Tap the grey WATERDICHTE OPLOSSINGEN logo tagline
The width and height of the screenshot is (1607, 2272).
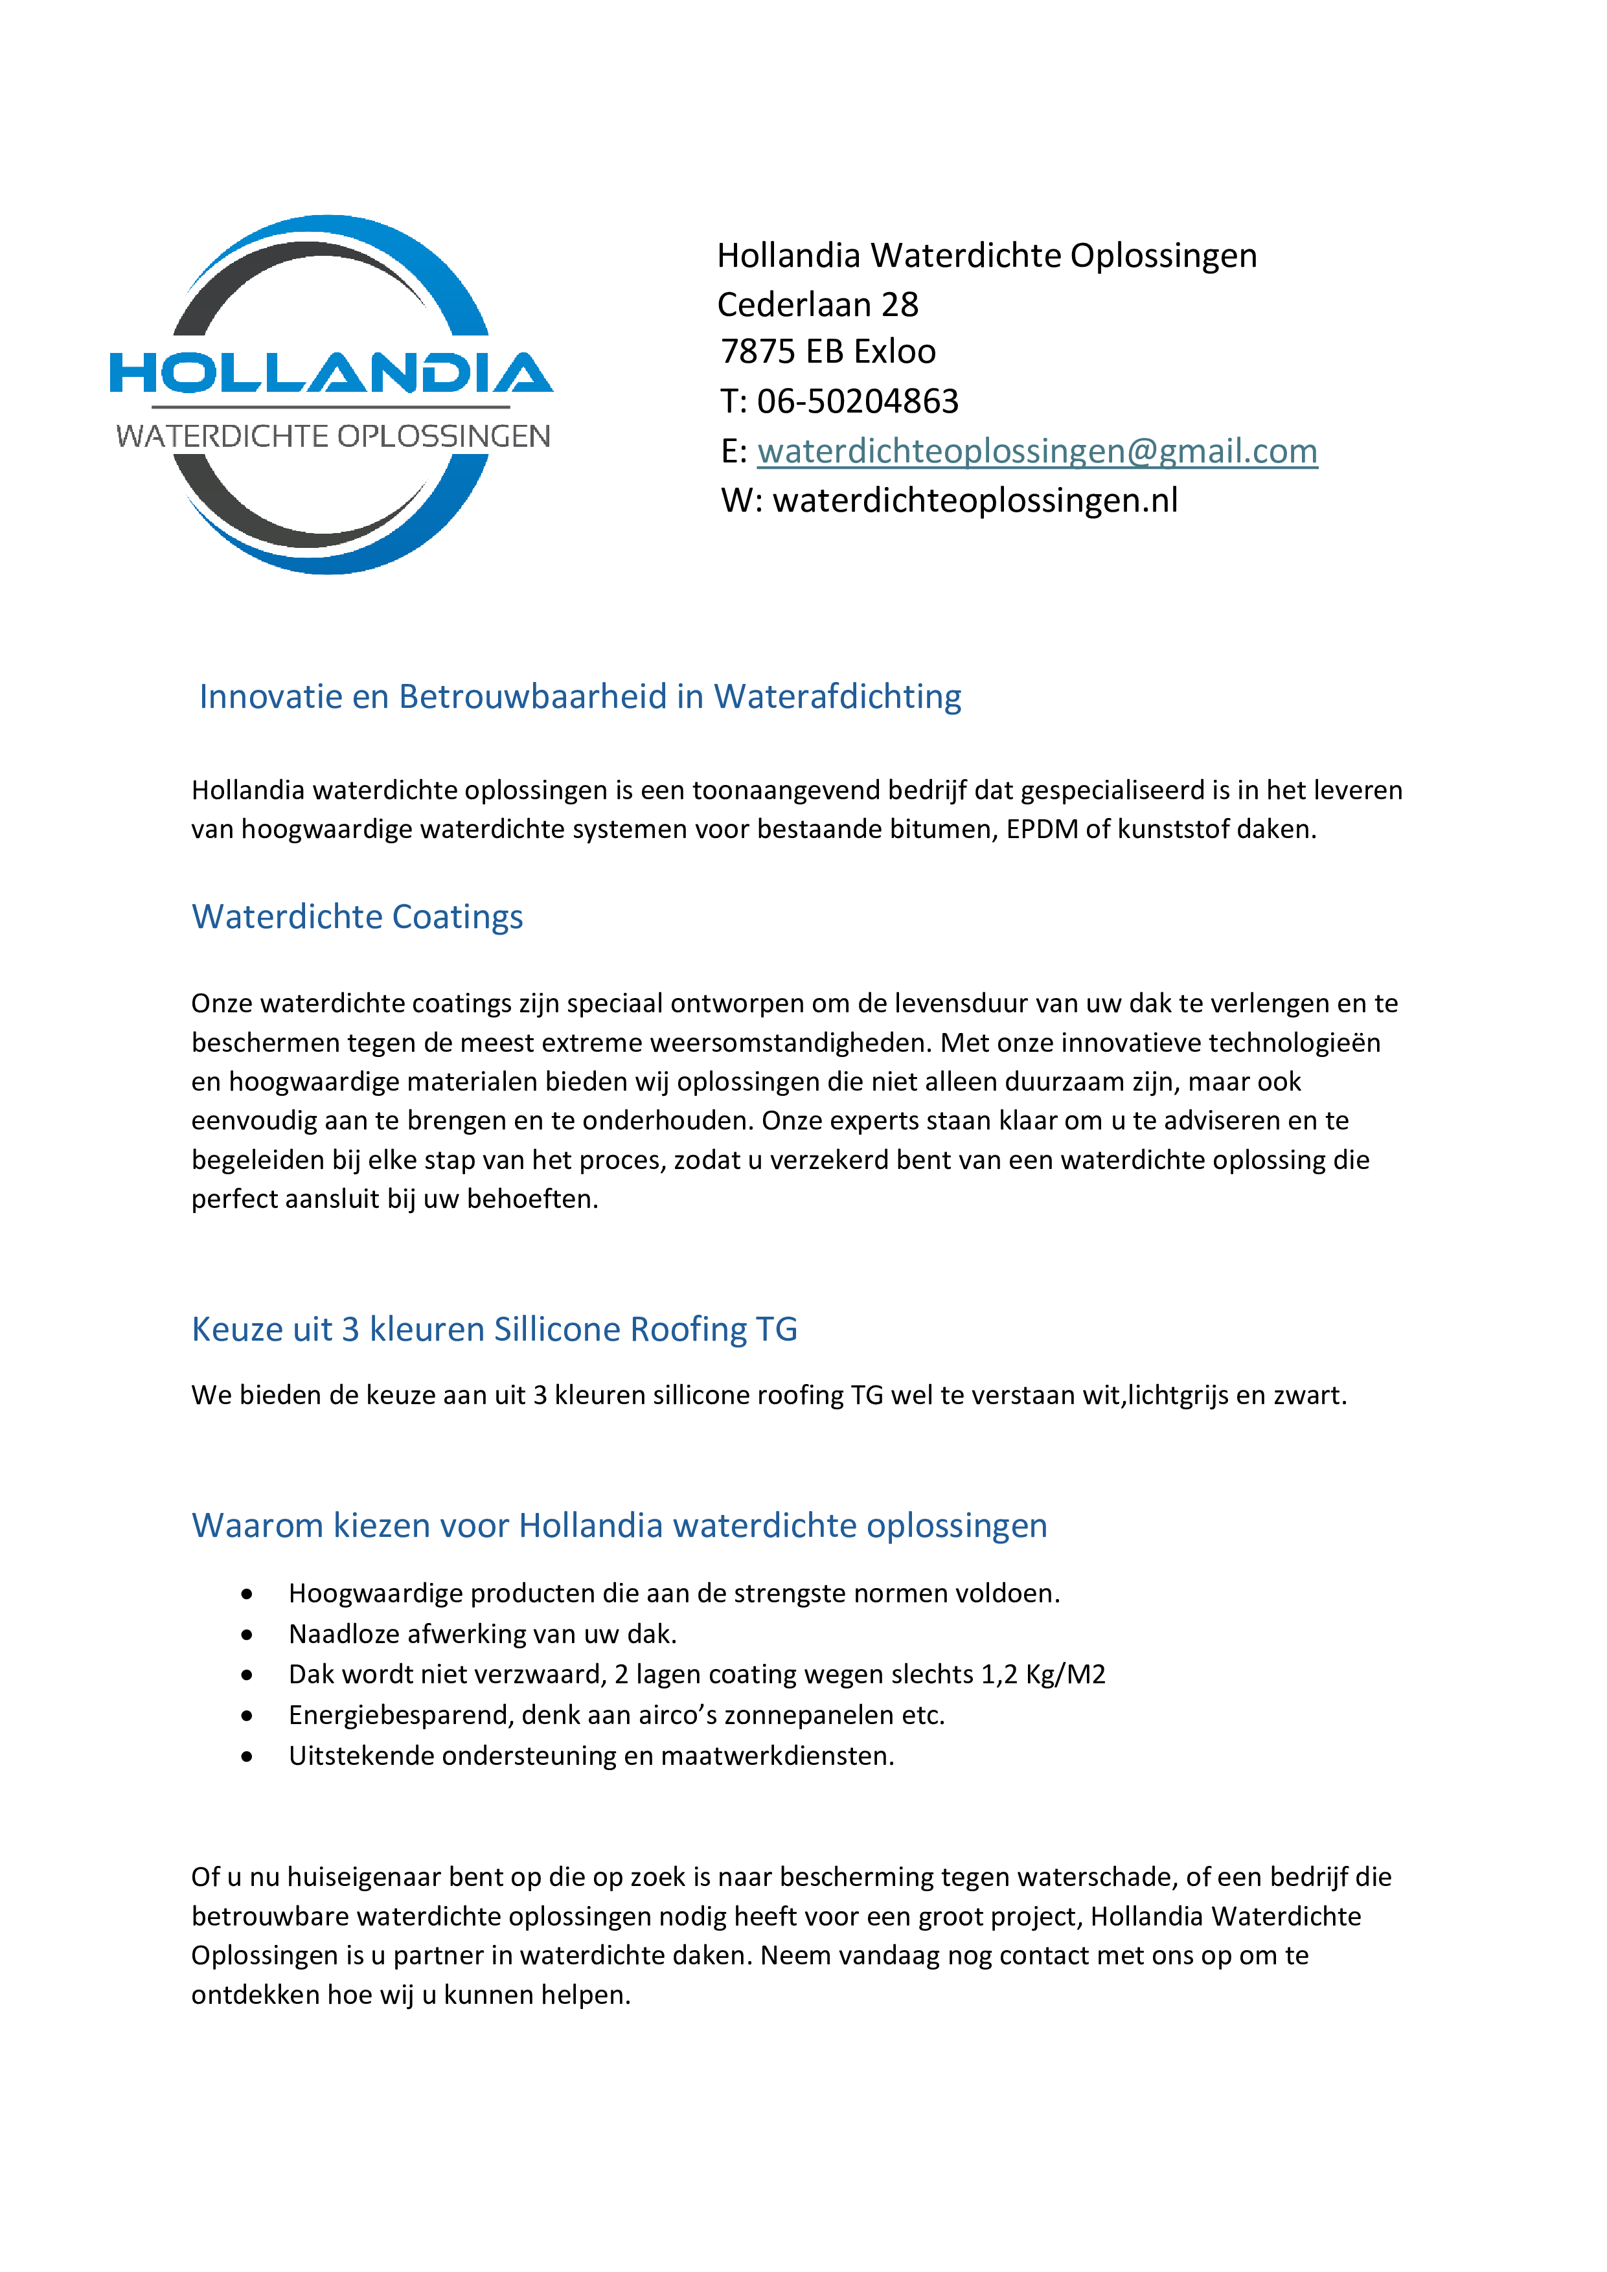[x=332, y=437]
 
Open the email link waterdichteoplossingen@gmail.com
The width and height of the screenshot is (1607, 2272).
[x=1037, y=451]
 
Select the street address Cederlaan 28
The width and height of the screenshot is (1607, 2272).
[x=817, y=305]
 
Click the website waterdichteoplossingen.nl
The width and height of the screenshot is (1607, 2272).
[x=975, y=501]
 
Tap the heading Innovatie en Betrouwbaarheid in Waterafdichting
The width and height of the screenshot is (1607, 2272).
[x=580, y=697]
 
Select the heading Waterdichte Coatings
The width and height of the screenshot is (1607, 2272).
[x=358, y=917]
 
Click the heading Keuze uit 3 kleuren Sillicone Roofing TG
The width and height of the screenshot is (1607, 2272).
[x=494, y=1329]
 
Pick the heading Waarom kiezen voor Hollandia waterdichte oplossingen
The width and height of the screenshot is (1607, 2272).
[x=619, y=1526]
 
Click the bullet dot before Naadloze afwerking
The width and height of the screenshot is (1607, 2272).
[x=246, y=1635]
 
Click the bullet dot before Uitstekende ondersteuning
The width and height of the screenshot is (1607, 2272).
[x=246, y=1756]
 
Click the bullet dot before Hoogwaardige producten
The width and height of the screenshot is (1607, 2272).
[x=246, y=1594]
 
